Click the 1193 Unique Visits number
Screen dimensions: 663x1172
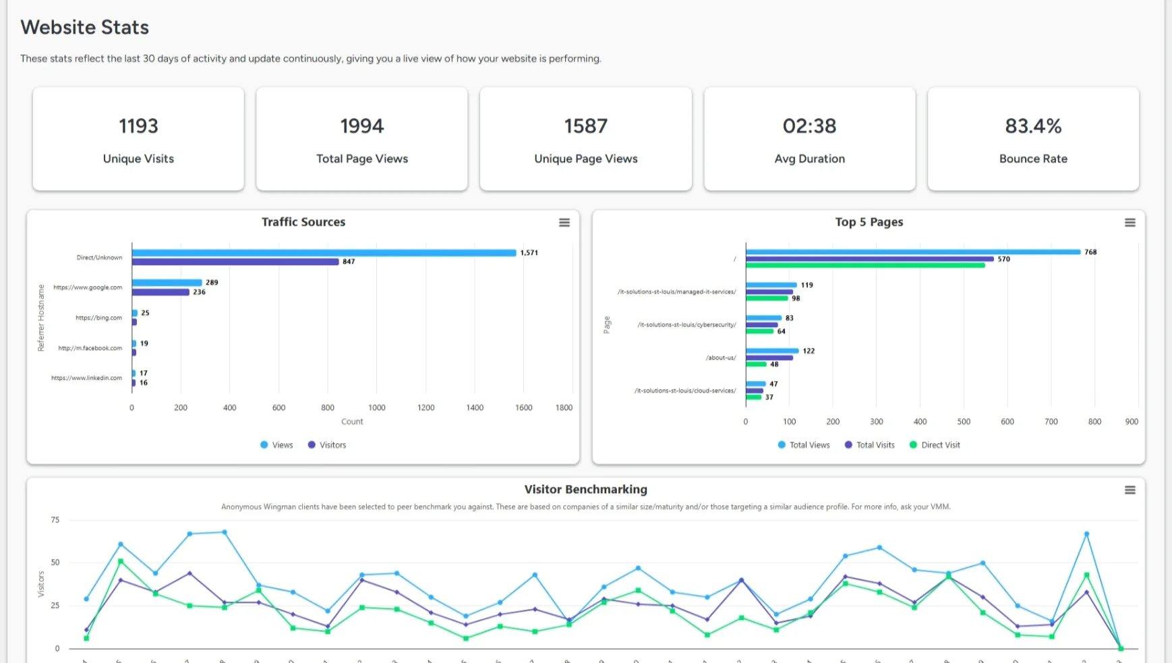point(138,126)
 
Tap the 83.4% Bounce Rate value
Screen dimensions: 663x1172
point(1033,126)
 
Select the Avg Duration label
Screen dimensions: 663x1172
point(809,158)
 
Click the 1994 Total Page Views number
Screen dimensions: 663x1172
point(362,126)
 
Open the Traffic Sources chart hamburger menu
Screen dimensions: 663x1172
point(564,223)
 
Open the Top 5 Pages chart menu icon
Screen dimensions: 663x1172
point(1130,223)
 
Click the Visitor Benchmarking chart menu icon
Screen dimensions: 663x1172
point(1130,490)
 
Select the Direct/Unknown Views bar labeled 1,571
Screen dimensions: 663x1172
point(324,253)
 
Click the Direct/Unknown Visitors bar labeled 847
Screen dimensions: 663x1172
point(235,262)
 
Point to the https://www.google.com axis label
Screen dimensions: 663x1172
point(88,287)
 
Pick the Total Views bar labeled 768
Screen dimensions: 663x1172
point(912,252)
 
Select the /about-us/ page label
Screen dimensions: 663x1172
point(721,357)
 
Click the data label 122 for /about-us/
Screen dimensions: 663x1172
point(809,351)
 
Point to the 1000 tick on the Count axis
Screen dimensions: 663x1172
point(377,407)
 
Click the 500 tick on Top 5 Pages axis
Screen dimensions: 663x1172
point(964,422)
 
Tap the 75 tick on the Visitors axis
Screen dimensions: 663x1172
point(55,520)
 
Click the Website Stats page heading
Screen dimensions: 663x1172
point(85,28)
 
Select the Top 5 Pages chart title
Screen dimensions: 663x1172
point(869,222)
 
